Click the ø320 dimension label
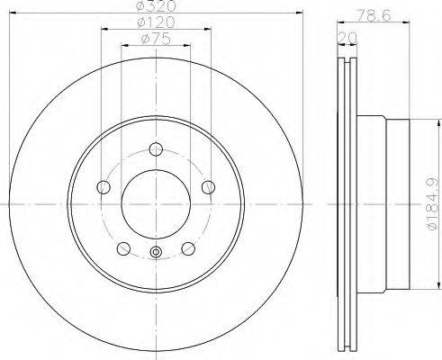[x=156, y=5]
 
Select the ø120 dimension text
[x=156, y=22]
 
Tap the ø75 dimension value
[x=156, y=39]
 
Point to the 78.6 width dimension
[x=374, y=14]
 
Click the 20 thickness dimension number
[x=347, y=38]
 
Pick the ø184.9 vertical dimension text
[x=431, y=204]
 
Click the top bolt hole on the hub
[x=156, y=149]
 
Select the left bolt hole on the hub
[x=104, y=187]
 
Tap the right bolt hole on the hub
[x=208, y=187]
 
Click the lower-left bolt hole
[x=123, y=248]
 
